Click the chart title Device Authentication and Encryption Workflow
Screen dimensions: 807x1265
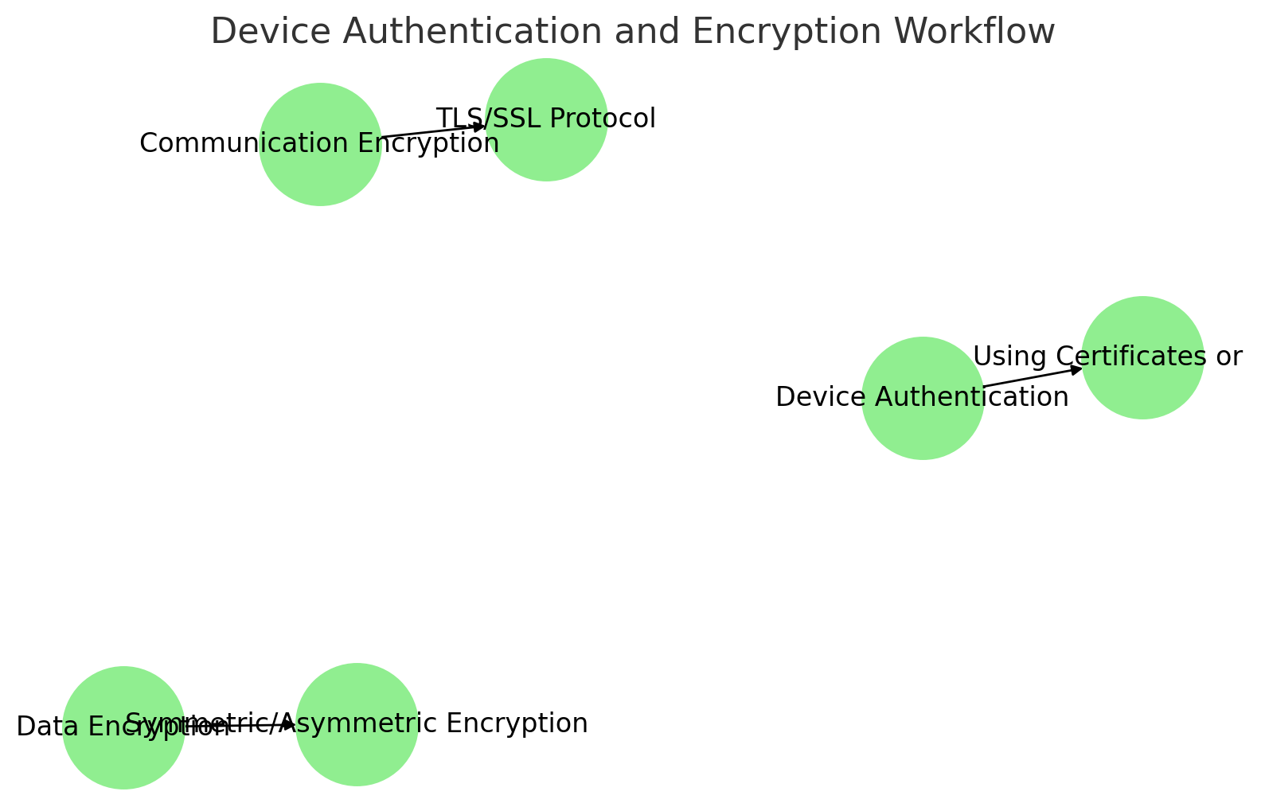[632, 32]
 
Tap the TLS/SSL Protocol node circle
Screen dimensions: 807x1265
[546, 155]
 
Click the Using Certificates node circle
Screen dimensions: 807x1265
[1142, 390]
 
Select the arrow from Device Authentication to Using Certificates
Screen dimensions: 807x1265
[1033, 377]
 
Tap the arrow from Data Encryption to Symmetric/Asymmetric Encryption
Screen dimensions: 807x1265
[239, 725]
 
